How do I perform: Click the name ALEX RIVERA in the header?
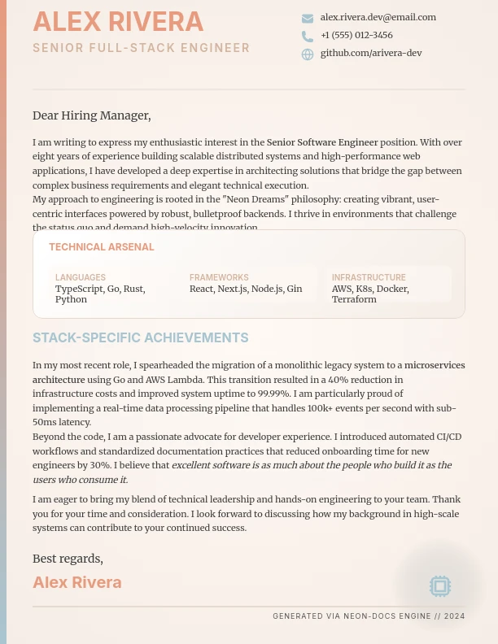[x=118, y=23]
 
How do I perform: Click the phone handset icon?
[x=308, y=37]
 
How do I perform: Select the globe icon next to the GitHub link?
[x=308, y=54]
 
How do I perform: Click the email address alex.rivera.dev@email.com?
[x=378, y=17]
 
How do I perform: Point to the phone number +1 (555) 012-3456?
[x=356, y=35]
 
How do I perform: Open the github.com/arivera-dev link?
[x=370, y=53]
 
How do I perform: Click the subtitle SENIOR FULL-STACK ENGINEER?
[x=142, y=48]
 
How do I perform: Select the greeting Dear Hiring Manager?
[x=91, y=115]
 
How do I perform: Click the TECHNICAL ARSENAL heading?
[x=102, y=247]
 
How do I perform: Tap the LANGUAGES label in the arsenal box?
[x=81, y=277]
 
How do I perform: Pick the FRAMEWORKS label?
[x=219, y=277]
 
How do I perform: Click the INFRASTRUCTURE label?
[x=369, y=277]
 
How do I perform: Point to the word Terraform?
[x=354, y=299]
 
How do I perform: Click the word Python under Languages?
[x=71, y=299]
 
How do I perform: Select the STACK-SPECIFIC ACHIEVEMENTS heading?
[x=141, y=337]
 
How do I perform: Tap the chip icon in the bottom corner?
[x=439, y=585]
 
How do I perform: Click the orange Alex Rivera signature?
[x=77, y=582]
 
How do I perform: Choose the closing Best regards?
[x=68, y=559]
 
